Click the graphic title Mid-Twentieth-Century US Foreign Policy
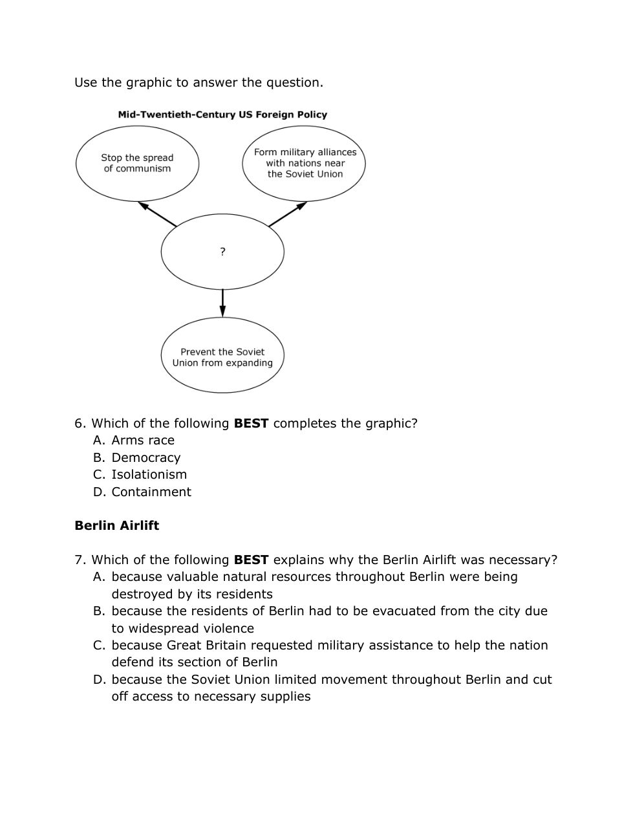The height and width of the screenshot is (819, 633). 222,115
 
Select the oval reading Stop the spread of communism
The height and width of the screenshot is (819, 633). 137,163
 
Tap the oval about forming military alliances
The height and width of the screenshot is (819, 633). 305,163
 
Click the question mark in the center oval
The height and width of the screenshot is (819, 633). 222,252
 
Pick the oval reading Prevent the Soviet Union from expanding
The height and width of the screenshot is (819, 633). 222,357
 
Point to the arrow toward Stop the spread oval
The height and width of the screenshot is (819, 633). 156,214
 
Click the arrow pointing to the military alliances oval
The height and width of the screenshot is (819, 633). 288,214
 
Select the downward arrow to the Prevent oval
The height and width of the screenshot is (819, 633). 222,303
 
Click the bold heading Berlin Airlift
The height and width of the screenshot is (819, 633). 116,525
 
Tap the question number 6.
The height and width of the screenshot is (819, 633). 80,424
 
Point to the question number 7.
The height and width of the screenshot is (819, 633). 80,560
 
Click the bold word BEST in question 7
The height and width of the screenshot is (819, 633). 251,560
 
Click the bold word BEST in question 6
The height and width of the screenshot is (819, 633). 251,424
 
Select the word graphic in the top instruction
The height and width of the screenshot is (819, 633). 149,83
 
